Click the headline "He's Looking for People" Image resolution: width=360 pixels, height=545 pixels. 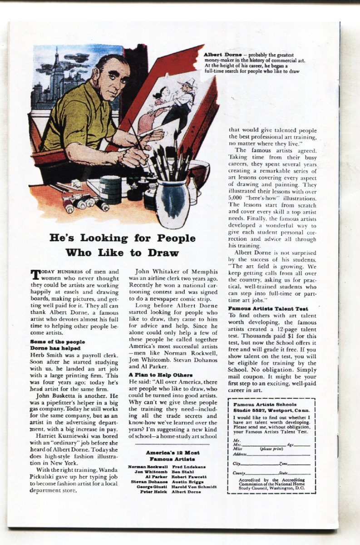tap(122, 238)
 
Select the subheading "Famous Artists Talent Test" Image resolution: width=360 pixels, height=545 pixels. tap(268, 308)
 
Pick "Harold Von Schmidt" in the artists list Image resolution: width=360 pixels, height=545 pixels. tap(194, 486)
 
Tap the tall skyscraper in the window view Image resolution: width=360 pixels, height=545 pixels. tap(57, 73)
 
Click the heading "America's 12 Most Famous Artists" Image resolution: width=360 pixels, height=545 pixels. tap(173, 456)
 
